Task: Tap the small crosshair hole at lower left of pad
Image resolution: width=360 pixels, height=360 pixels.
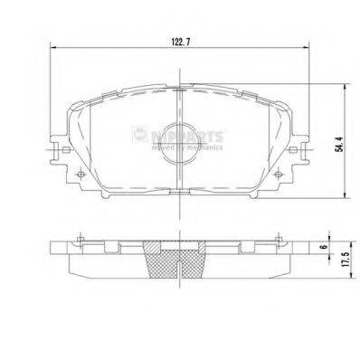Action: click(x=81, y=174)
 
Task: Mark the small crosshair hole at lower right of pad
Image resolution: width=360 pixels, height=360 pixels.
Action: click(x=279, y=174)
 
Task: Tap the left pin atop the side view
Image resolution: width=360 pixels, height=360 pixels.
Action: click(x=81, y=239)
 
